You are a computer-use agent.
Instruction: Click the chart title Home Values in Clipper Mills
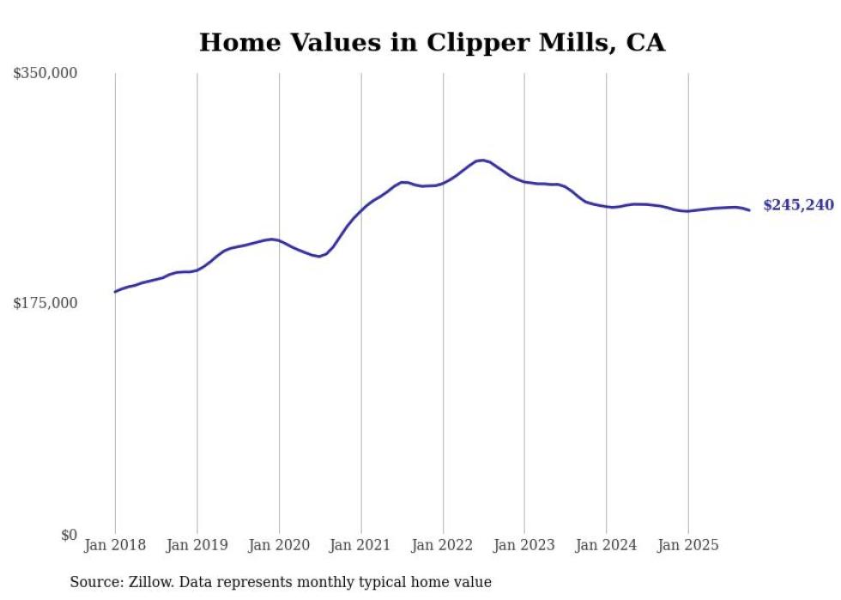click(432, 42)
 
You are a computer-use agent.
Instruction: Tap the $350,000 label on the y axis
click(45, 74)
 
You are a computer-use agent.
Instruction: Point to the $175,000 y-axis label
click(45, 303)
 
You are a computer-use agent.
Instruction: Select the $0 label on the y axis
click(69, 535)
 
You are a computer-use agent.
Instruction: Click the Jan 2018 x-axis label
click(115, 545)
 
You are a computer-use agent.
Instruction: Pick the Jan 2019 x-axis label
click(197, 545)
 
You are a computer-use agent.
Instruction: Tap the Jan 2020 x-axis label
click(279, 545)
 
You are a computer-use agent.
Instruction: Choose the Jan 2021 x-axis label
click(360, 545)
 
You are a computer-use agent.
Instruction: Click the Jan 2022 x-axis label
click(443, 545)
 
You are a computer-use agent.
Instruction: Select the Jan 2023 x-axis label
click(524, 545)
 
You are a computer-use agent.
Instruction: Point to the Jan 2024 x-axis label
click(606, 545)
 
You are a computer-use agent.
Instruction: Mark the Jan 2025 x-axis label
click(688, 545)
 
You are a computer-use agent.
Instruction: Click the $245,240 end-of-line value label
click(798, 206)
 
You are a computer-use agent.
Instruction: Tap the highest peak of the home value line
click(482, 160)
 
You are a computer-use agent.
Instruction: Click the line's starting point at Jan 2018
click(115, 292)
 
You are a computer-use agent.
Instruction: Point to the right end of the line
click(750, 210)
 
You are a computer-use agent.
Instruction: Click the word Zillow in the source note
click(143, 582)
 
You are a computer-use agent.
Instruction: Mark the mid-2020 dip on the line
click(318, 256)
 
